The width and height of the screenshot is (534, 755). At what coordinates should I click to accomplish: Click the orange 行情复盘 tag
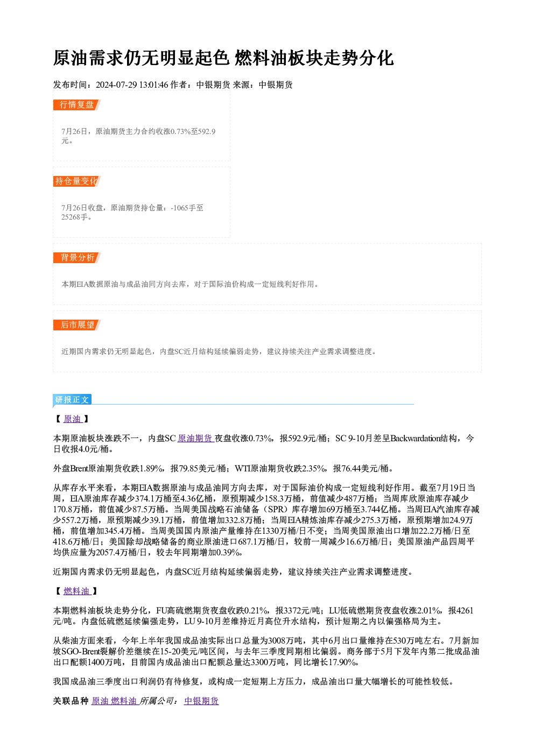click(x=77, y=105)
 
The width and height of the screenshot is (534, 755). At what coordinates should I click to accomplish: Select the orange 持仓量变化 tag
click(x=77, y=181)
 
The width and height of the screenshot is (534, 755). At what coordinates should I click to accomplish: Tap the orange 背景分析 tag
click(x=77, y=258)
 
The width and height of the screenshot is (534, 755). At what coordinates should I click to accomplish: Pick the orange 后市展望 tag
click(x=77, y=325)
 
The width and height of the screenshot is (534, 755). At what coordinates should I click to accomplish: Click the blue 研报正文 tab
click(x=72, y=400)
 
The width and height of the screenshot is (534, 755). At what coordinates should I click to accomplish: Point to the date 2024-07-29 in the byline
click(x=116, y=85)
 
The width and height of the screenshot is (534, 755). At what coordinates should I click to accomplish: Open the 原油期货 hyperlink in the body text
click(x=195, y=438)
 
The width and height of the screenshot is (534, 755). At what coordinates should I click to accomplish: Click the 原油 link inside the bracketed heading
click(x=72, y=419)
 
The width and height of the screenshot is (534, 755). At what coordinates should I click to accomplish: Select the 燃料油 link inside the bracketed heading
click(x=76, y=591)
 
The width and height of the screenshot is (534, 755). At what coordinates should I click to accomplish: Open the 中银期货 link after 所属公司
click(x=201, y=701)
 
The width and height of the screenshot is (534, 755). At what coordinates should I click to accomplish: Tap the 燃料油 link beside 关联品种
click(x=124, y=701)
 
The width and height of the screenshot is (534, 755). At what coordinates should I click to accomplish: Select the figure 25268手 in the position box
click(x=74, y=217)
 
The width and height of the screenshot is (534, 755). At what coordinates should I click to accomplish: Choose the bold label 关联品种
click(x=71, y=701)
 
